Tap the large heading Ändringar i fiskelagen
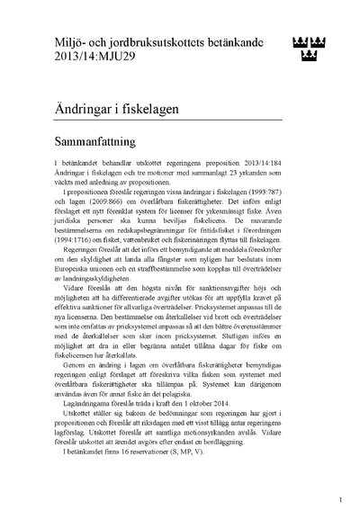[139, 109]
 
